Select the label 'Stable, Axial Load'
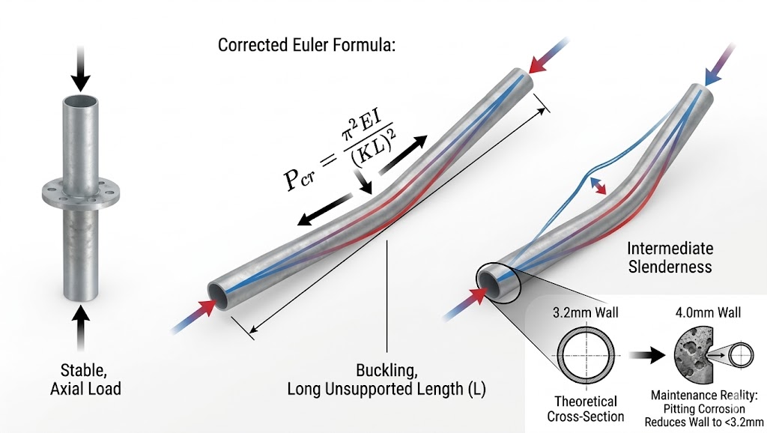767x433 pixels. [x=83, y=379]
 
